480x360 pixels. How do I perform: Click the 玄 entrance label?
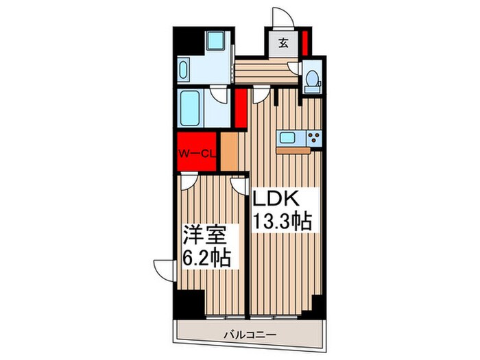(283, 43)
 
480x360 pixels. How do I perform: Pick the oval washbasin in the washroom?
(184, 71)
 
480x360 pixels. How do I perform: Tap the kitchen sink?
(287, 137)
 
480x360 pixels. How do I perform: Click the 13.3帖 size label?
(281, 221)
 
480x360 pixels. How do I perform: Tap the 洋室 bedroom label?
(204, 237)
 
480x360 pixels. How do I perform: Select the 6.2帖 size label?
(206, 259)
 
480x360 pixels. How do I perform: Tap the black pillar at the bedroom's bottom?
(189, 302)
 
